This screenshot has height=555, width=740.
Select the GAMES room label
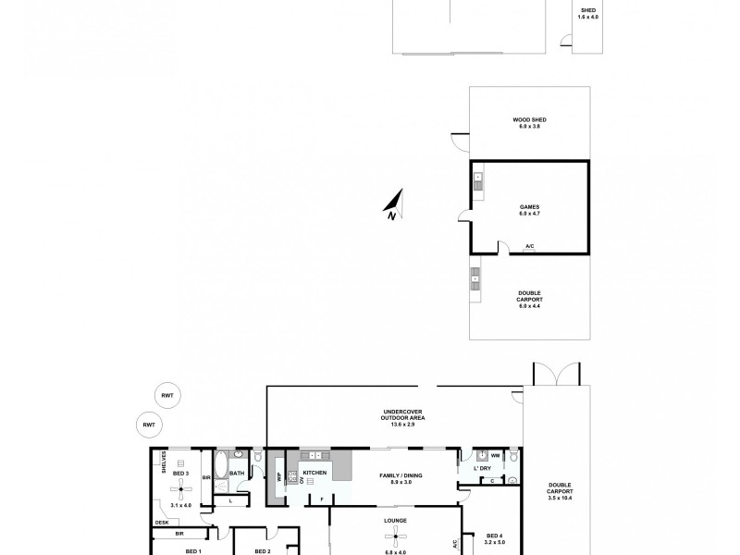[x=529, y=207]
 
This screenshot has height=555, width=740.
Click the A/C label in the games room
[x=529, y=246]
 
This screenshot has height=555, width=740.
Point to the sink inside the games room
[x=478, y=181]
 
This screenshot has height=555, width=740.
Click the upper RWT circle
[x=168, y=395]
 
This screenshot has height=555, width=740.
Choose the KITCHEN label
[x=314, y=473]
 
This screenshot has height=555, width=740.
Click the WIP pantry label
[x=277, y=476]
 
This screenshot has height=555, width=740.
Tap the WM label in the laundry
[x=496, y=455]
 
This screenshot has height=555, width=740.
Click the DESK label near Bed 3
[x=162, y=523]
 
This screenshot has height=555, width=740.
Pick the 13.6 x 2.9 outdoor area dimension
[x=396, y=425]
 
